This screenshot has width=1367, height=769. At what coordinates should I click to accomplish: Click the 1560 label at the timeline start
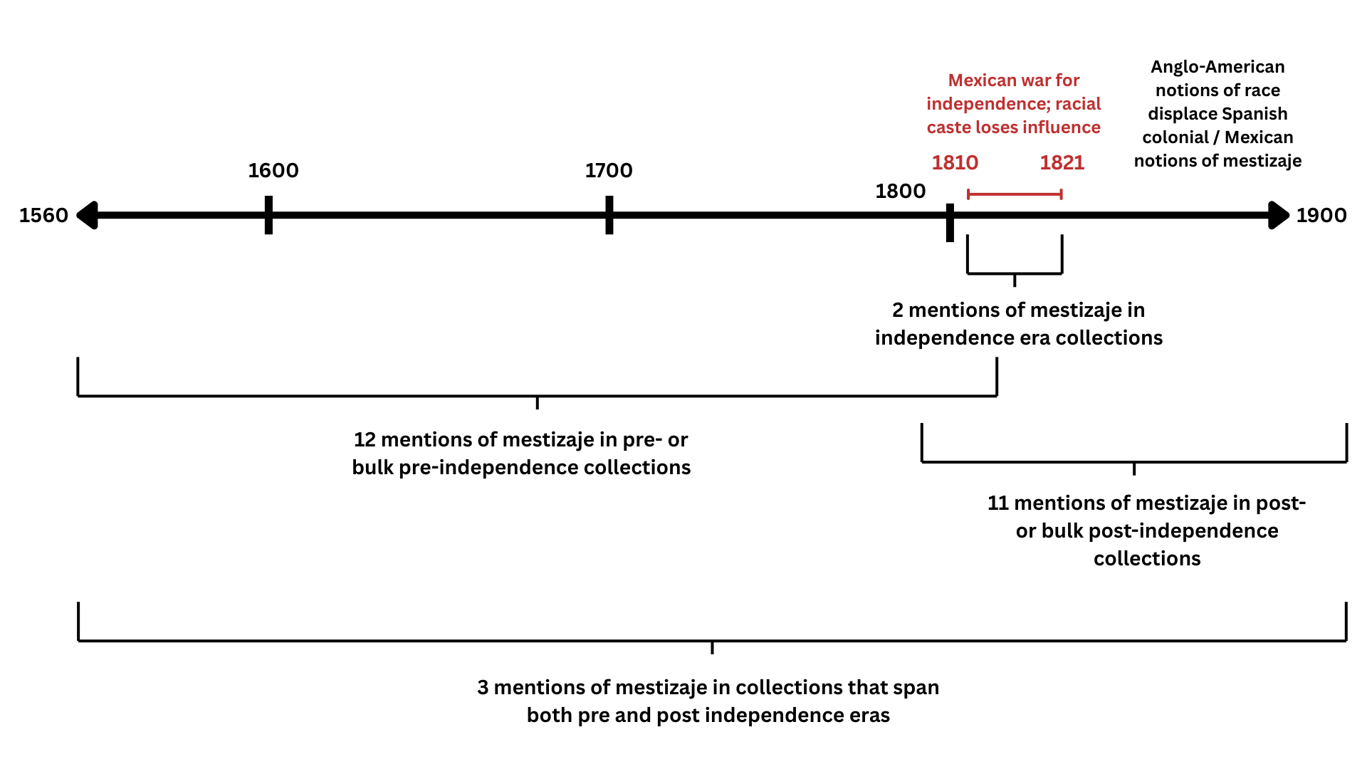point(43,215)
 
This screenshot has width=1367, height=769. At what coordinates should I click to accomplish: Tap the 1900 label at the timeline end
point(1321,215)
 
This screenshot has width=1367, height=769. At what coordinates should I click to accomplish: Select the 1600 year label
point(273,170)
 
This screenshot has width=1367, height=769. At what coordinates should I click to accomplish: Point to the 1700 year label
point(609,170)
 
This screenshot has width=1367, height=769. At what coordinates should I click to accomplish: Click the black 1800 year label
point(900,191)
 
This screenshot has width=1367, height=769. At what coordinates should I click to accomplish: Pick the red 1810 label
point(955,162)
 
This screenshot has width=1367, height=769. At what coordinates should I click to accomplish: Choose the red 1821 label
point(1062,162)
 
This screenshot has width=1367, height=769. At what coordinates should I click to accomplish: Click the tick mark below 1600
point(268,215)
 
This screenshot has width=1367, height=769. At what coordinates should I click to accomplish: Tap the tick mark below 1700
point(609,215)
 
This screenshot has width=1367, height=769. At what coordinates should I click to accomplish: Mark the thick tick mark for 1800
point(950,222)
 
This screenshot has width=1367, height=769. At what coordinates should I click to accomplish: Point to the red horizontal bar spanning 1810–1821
point(1015,194)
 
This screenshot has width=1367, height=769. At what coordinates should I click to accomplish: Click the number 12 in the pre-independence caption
point(365,439)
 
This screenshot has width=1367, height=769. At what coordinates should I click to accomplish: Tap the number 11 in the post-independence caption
point(997,503)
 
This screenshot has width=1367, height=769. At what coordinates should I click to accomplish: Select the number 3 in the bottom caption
point(483,687)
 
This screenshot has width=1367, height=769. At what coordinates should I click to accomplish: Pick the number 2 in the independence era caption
point(898,310)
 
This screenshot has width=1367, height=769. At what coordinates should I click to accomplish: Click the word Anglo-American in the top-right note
point(1217,67)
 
